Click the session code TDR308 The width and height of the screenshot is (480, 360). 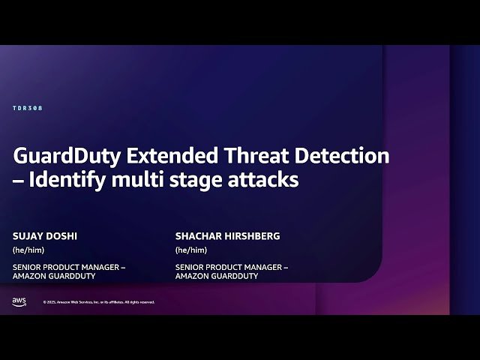point(28,109)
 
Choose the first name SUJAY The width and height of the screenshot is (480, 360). point(28,236)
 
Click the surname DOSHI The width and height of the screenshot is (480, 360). point(62,236)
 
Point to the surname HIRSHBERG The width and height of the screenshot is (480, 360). point(251,236)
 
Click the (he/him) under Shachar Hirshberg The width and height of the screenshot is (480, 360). point(191,250)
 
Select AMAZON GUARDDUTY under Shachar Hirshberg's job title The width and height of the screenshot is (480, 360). point(217,276)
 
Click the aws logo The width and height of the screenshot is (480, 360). point(19,301)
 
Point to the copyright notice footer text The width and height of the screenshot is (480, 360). point(99,302)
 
